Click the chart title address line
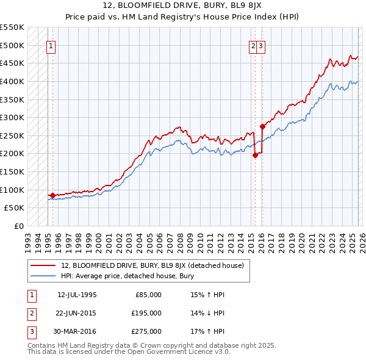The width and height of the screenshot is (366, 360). click(183, 5)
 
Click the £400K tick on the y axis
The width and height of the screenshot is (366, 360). click(12, 81)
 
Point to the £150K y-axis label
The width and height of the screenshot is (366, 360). click(12, 171)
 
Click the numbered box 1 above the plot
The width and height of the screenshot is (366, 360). click(51, 45)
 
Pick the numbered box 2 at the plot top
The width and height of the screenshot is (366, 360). click(253, 45)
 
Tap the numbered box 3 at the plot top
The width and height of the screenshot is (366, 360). click(261, 45)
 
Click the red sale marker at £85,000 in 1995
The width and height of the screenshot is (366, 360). click(52, 195)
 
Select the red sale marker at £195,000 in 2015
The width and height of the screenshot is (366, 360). click(254, 156)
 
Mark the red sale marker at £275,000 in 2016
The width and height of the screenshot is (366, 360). click(262, 127)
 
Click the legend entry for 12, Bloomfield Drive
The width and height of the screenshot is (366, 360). click(152, 265)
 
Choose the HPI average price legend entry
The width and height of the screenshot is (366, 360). click(127, 276)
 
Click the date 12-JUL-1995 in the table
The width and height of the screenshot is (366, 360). click(77, 294)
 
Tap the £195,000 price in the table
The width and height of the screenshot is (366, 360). click(146, 313)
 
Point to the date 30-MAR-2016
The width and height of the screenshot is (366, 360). click(77, 331)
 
